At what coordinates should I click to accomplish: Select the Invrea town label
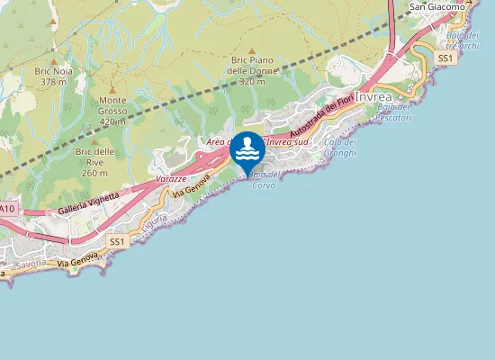click(373, 96)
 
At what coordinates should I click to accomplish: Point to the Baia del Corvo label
click(263, 179)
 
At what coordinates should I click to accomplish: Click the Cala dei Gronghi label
click(340, 148)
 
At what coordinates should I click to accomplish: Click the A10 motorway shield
click(7, 209)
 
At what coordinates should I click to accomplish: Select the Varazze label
click(171, 180)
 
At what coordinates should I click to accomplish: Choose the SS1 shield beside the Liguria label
click(117, 242)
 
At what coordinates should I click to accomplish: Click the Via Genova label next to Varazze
click(193, 187)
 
